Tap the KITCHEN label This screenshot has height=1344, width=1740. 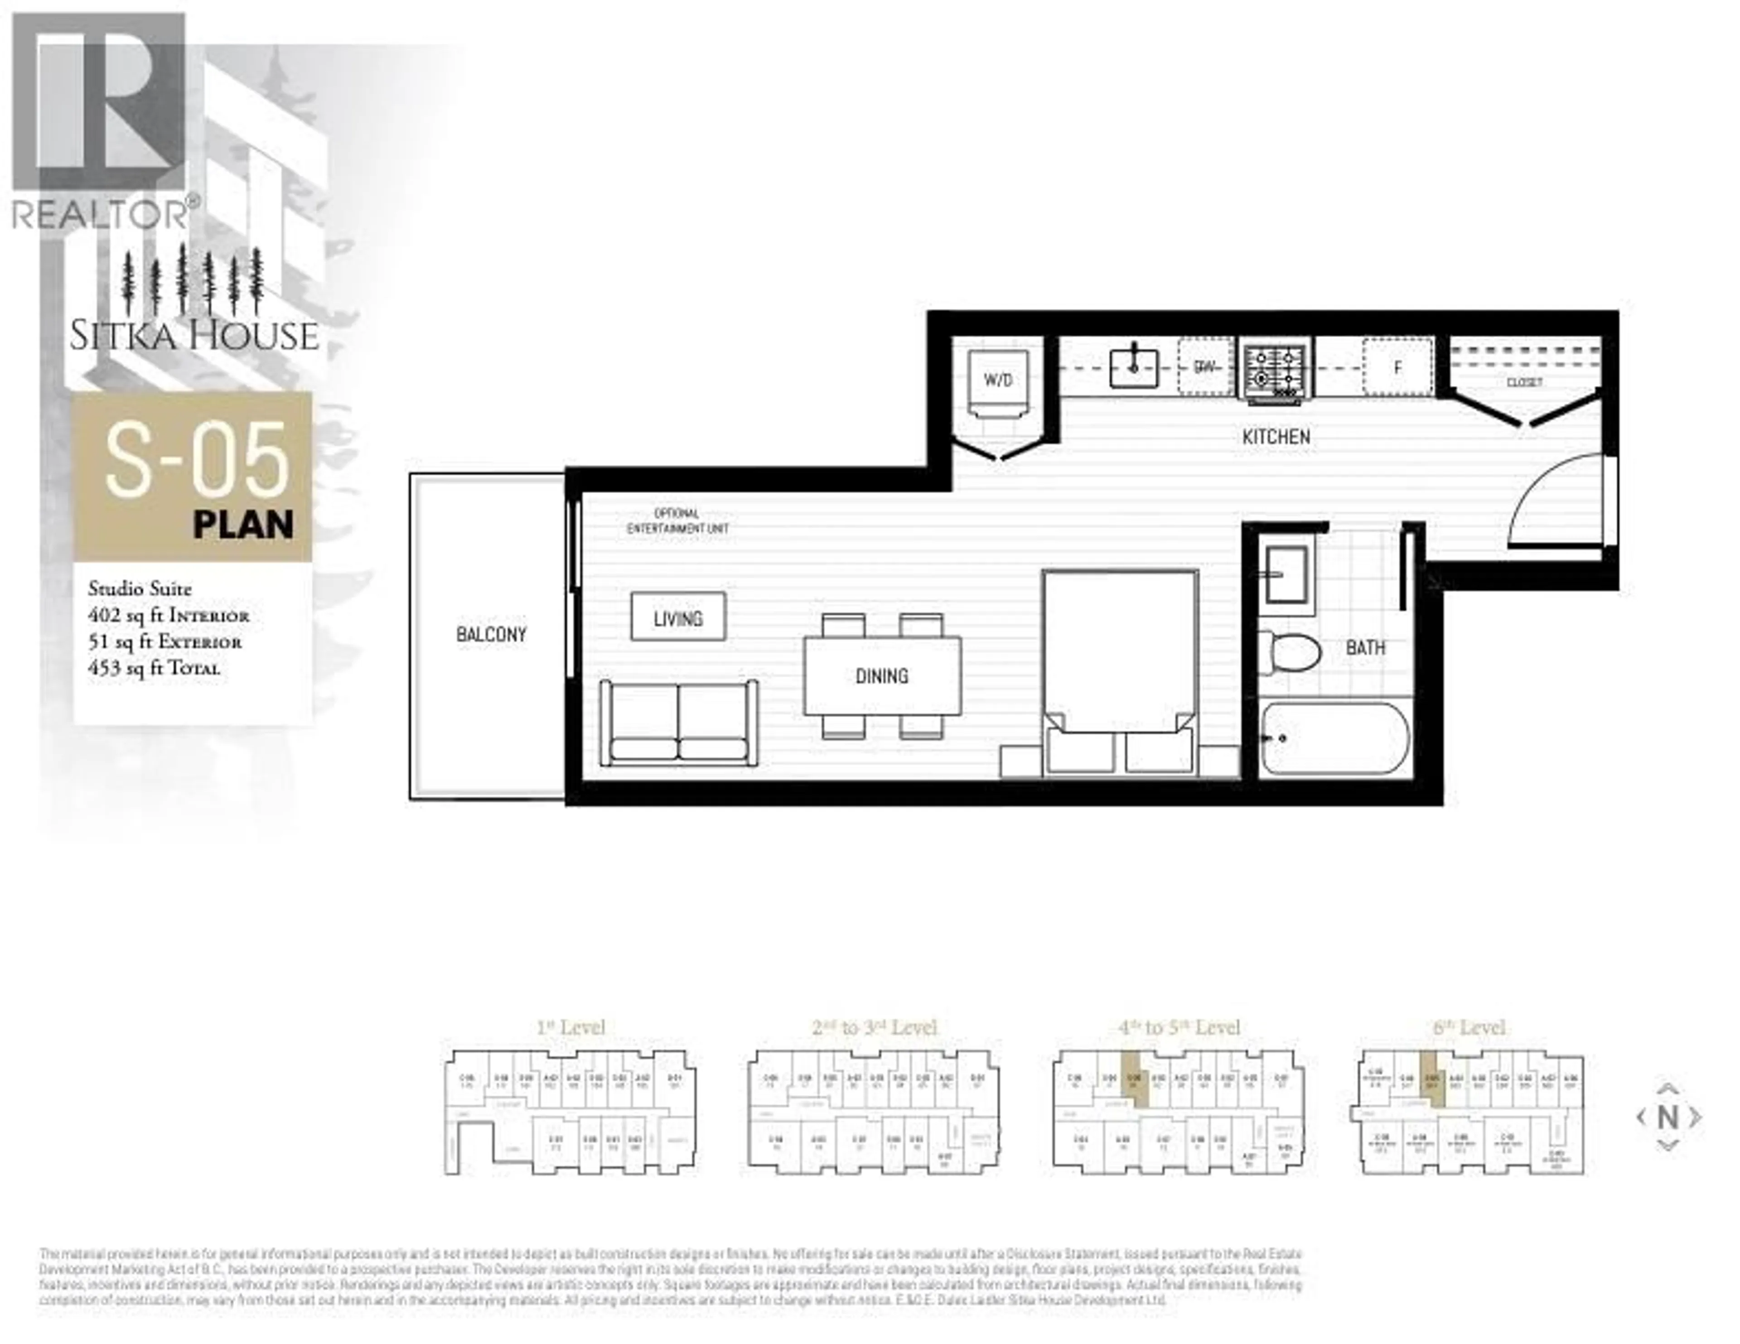(1276, 437)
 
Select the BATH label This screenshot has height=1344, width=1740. (1365, 648)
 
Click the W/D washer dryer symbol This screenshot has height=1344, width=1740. (997, 380)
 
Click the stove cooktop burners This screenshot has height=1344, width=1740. (1275, 368)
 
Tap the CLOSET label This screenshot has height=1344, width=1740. (1524, 382)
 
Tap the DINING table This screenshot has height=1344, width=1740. (881, 675)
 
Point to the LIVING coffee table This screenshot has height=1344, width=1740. (678, 617)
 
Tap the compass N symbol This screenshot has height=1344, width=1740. (1667, 1117)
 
